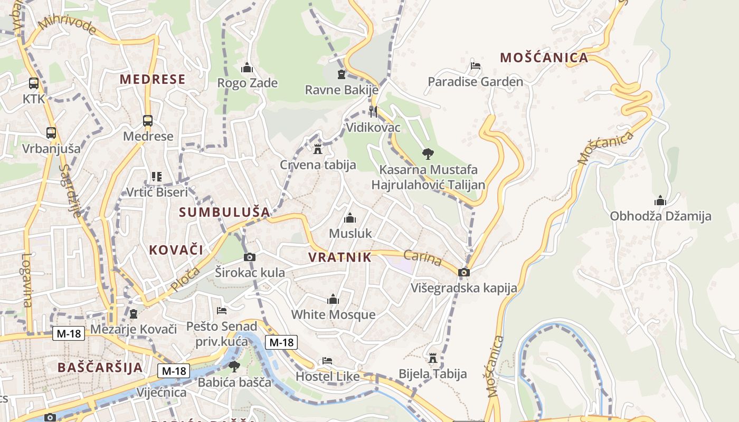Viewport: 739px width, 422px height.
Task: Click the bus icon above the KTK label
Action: pos(34,83)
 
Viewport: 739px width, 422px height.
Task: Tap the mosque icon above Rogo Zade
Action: pos(247,68)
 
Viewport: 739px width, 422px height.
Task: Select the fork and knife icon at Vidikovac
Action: pos(373,111)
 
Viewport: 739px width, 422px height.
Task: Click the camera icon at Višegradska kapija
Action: pos(464,272)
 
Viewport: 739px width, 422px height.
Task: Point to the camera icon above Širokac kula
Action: pos(250,257)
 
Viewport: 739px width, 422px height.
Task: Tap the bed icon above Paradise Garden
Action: pos(475,66)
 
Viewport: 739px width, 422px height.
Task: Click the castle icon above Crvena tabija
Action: pos(317,149)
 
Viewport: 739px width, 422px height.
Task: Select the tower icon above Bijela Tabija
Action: pos(433,359)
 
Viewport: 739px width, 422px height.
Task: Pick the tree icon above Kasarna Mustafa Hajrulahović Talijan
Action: pos(428,154)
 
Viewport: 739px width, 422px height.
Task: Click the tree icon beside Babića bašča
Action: pos(234,366)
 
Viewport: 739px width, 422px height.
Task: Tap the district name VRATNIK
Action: pos(339,257)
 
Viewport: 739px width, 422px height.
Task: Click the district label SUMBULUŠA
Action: pos(224,212)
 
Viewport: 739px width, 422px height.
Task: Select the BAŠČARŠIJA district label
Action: pos(100,367)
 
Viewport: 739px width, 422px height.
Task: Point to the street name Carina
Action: pos(422,258)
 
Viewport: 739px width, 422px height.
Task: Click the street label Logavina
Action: pos(26,280)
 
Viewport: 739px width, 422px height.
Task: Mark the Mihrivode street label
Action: pos(67,26)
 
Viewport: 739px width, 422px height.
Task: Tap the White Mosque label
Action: pos(333,315)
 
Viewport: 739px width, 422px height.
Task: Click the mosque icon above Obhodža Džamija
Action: pos(660,201)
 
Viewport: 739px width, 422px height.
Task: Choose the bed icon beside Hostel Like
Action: pos(327,361)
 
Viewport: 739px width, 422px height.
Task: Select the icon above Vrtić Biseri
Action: pos(156,176)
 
